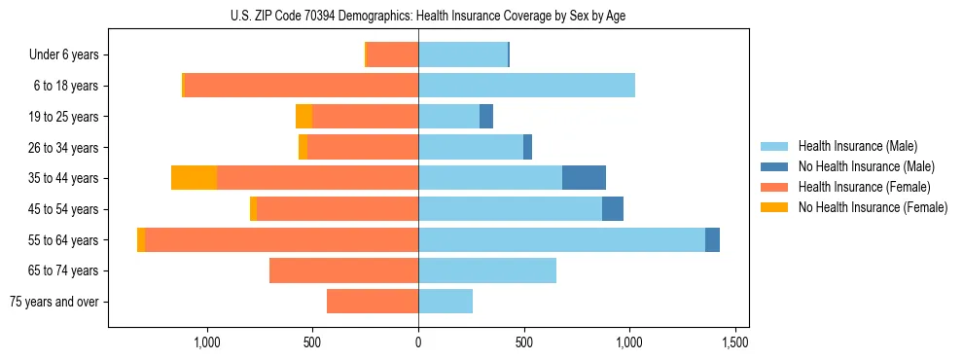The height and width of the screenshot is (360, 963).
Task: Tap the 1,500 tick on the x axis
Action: click(734, 342)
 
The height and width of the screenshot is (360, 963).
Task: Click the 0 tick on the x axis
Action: click(418, 342)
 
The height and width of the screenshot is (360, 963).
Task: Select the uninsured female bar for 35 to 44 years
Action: click(194, 178)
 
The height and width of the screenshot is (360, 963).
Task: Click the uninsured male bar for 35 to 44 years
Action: click(584, 178)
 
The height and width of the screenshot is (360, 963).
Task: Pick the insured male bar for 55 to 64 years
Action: click(561, 239)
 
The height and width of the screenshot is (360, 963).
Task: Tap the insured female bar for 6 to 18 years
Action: click(302, 86)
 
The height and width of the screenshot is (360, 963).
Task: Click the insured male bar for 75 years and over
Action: click(446, 302)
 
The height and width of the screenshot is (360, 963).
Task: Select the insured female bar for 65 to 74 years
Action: click(343, 270)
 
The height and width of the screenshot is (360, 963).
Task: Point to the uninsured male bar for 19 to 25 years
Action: click(486, 117)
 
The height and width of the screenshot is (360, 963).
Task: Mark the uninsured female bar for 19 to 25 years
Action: click(303, 117)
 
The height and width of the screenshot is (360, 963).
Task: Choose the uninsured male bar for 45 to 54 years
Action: click(613, 209)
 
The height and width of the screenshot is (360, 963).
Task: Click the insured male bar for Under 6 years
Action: click(463, 55)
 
